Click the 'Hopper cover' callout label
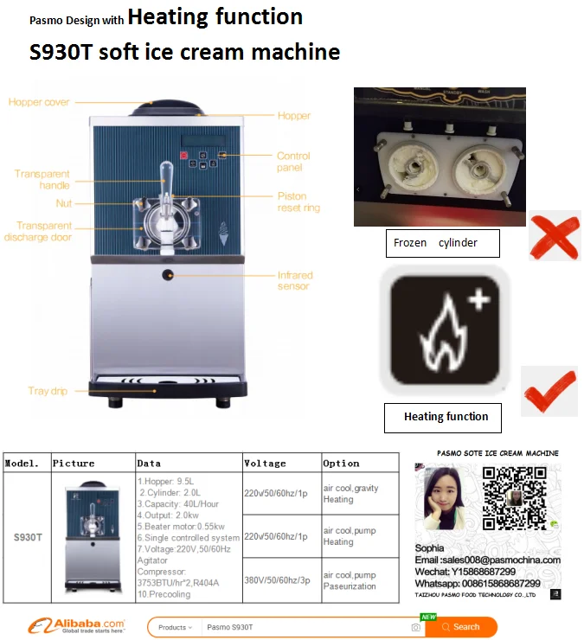[x=39, y=102]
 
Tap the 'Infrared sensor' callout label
[x=295, y=281]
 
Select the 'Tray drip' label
[x=48, y=391]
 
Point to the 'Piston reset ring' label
[x=298, y=202]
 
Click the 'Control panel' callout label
[x=293, y=162]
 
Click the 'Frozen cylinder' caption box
[x=443, y=243]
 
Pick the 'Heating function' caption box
[x=446, y=417]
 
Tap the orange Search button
[x=460, y=627]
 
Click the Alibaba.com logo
[x=77, y=626]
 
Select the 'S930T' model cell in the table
[x=28, y=537]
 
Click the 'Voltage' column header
[x=265, y=464]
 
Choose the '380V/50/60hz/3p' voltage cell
[x=276, y=580]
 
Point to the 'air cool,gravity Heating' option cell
[x=350, y=494]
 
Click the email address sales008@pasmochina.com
[x=487, y=560]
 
